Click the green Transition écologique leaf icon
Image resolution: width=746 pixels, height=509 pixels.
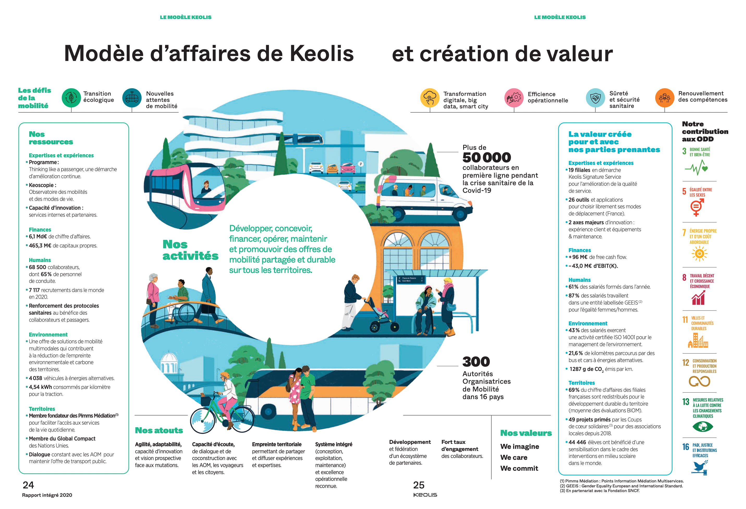(x=71, y=98)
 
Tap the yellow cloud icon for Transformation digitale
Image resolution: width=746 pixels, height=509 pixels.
(x=430, y=98)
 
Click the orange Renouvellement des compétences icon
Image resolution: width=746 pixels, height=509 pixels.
(x=664, y=98)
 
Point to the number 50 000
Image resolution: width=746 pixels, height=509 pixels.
(x=486, y=158)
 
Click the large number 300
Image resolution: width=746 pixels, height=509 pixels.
(x=476, y=362)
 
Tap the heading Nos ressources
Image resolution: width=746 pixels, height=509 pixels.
(x=51, y=138)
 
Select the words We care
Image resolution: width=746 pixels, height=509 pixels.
(x=513, y=457)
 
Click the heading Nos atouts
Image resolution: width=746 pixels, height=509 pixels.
(x=159, y=430)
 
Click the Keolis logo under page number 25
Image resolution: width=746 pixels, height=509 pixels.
(x=425, y=495)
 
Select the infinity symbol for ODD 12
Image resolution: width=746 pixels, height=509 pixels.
(x=699, y=381)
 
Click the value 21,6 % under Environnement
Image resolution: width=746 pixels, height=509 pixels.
(x=576, y=353)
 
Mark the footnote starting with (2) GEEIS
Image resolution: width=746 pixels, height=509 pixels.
(x=621, y=486)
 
